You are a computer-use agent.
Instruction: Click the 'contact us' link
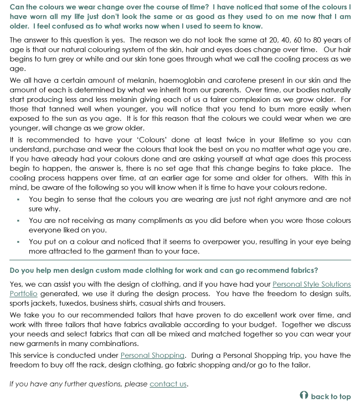coord(168,384)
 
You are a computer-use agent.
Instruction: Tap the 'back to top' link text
coord(331,396)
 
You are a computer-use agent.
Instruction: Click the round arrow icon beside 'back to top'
coord(303,396)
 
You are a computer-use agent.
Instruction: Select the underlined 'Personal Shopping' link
coord(152,355)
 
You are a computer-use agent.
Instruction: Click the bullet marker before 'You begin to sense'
coord(18,200)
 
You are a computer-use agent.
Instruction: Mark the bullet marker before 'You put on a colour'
coord(18,242)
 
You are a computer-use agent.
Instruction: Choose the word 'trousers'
coord(210,303)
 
